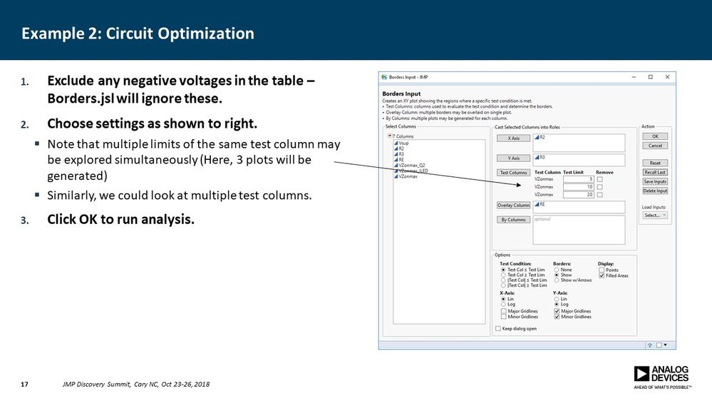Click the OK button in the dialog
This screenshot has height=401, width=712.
point(654,136)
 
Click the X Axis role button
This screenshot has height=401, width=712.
point(513,138)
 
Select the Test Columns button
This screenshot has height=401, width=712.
point(513,173)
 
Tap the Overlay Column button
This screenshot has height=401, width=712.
point(513,205)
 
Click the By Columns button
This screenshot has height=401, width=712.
point(513,220)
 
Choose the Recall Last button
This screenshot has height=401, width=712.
point(654,173)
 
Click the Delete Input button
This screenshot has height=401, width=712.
point(654,191)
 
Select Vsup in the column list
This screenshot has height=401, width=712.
point(403,143)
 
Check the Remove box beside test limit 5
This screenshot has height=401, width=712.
point(600,179)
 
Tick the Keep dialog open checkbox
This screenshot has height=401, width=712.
point(498,328)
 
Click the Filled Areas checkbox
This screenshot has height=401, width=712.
point(602,275)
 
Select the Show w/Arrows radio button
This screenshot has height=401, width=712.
point(557,280)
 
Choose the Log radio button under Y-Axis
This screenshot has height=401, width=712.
point(557,304)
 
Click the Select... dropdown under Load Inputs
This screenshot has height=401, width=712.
point(654,215)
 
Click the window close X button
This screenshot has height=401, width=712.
point(667,77)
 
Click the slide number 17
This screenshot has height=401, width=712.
point(24,385)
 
